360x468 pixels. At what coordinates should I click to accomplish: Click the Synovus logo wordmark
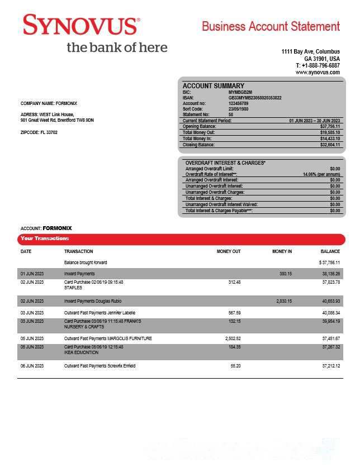tap(81, 26)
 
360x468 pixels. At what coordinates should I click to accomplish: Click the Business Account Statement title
tap(271, 26)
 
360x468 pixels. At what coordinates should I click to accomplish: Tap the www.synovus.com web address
tap(318, 73)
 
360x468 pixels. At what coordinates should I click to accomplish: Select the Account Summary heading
tap(214, 86)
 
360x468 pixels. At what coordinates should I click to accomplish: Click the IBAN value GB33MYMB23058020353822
tap(255, 98)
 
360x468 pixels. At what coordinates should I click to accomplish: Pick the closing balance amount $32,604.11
tap(330, 145)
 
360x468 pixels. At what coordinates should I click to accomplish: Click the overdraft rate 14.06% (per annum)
tap(321, 174)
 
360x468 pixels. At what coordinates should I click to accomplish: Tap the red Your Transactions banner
tap(181, 239)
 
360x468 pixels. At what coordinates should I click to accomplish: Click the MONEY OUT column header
tap(229, 252)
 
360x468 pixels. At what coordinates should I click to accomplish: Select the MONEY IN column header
tap(282, 252)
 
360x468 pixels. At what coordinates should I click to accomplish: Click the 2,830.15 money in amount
tap(284, 301)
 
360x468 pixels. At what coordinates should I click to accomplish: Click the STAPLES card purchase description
tap(73, 288)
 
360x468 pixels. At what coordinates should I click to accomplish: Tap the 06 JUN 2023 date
tap(32, 366)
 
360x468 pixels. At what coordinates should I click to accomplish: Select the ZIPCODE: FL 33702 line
tap(39, 132)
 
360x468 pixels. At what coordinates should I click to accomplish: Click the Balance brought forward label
tap(86, 262)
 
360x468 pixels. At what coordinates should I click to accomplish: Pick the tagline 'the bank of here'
tap(117, 47)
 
